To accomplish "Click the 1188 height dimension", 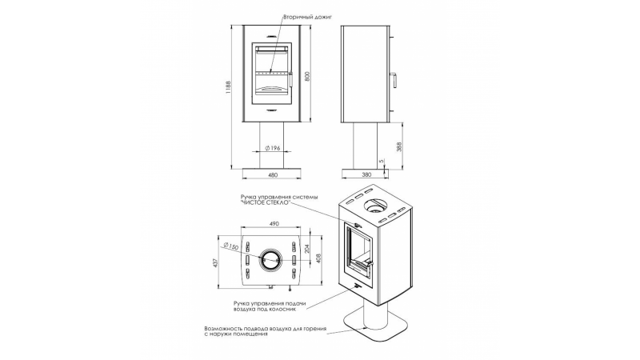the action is (229, 87).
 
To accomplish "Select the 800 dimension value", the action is (308, 76).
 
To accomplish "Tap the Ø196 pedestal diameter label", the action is (273, 148).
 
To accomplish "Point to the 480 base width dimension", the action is (273, 175).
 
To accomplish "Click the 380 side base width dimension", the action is (366, 174).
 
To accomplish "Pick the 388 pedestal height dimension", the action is (398, 146).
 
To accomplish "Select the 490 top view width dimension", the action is (274, 224).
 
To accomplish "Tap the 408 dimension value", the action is (319, 258).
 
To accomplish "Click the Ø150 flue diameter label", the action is (231, 246).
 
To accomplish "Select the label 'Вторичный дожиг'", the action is (302, 18).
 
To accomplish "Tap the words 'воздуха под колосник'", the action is (265, 309).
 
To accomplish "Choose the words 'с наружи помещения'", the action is (236, 334).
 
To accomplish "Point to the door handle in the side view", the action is (394, 80).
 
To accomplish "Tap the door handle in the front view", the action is (291, 79).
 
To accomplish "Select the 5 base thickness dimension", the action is (382, 161).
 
